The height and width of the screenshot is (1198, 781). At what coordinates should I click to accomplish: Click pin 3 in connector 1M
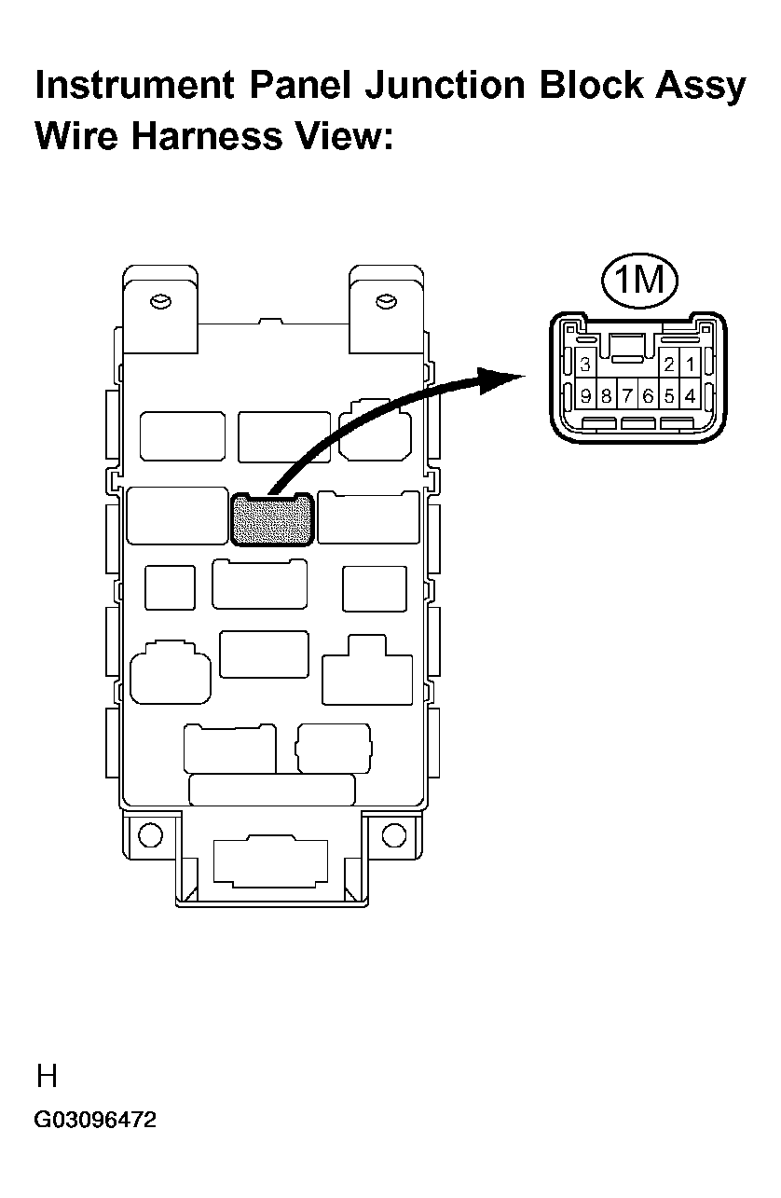pos(584,365)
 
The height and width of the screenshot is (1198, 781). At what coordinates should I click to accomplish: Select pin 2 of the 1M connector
pos(669,365)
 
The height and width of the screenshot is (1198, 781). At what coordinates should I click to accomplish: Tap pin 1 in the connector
pos(690,365)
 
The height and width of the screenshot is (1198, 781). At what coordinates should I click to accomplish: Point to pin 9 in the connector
pos(585,396)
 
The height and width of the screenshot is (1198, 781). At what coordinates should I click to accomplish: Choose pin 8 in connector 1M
pos(606,396)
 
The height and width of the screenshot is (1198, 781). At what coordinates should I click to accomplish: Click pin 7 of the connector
pos(627,396)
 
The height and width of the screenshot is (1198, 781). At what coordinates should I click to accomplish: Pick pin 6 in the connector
pos(648,396)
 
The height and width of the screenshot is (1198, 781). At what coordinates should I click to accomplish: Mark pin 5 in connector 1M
pos(669,396)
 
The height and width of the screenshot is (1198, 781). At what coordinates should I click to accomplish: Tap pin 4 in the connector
pos(690,396)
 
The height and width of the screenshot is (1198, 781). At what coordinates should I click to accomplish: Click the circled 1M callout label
pos(639,281)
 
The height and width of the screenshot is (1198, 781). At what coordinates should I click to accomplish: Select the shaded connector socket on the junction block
pos(272,519)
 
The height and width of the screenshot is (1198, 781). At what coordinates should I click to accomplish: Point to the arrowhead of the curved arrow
pos(500,379)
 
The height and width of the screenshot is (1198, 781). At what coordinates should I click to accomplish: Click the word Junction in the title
pos(445,86)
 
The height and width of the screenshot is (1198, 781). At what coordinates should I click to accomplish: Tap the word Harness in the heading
pos(207,135)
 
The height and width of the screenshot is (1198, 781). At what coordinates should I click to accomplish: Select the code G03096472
pos(95,1120)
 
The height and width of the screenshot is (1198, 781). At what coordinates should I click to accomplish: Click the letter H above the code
pos(47,1076)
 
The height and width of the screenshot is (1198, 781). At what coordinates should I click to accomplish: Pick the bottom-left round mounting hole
pos(150,834)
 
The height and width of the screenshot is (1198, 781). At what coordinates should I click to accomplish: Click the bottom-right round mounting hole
pos(394,834)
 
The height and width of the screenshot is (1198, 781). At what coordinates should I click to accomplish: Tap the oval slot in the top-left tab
pos(160,302)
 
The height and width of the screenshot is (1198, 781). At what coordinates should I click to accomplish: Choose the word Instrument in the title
pos(135,86)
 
